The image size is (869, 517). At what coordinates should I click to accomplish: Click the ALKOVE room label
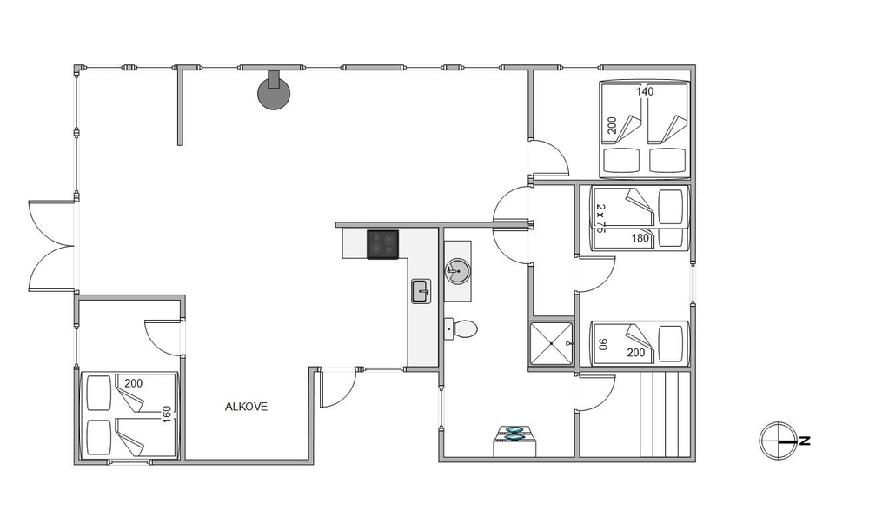tap(246, 407)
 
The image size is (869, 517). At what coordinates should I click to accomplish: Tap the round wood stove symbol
tap(274, 92)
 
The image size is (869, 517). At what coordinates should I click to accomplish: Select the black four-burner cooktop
tap(383, 244)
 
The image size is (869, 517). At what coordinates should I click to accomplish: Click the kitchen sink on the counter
tap(421, 291)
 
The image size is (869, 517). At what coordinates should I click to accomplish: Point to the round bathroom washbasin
tap(458, 271)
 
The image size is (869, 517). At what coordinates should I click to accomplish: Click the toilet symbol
tap(461, 329)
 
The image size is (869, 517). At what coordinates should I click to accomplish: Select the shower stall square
tap(552, 343)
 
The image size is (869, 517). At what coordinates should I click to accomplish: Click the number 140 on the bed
tap(645, 91)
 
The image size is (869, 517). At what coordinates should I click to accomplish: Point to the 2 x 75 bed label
tap(600, 218)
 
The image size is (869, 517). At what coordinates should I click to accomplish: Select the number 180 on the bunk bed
tap(640, 238)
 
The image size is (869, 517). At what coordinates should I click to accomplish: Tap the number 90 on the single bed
tap(604, 344)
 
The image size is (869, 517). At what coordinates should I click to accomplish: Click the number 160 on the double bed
tap(167, 414)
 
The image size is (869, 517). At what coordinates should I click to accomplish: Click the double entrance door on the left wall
tap(51, 246)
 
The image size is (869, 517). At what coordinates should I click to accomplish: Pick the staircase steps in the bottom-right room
tap(665, 414)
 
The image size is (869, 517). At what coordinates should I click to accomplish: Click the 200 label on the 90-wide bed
tap(636, 353)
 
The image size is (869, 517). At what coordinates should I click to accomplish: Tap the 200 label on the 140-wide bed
tap(612, 125)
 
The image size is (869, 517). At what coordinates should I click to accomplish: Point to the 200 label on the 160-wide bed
tap(134, 383)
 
